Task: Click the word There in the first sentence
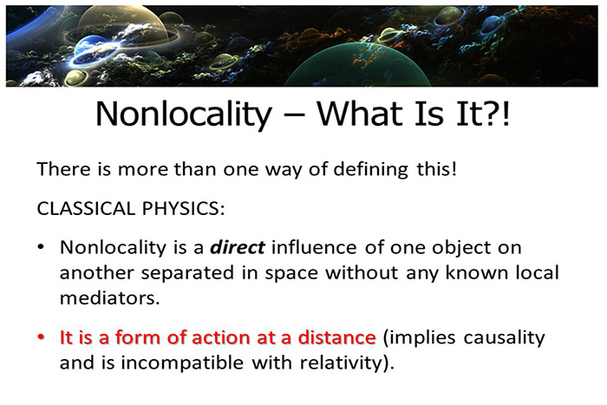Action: click(62, 169)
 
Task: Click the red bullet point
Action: click(42, 336)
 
